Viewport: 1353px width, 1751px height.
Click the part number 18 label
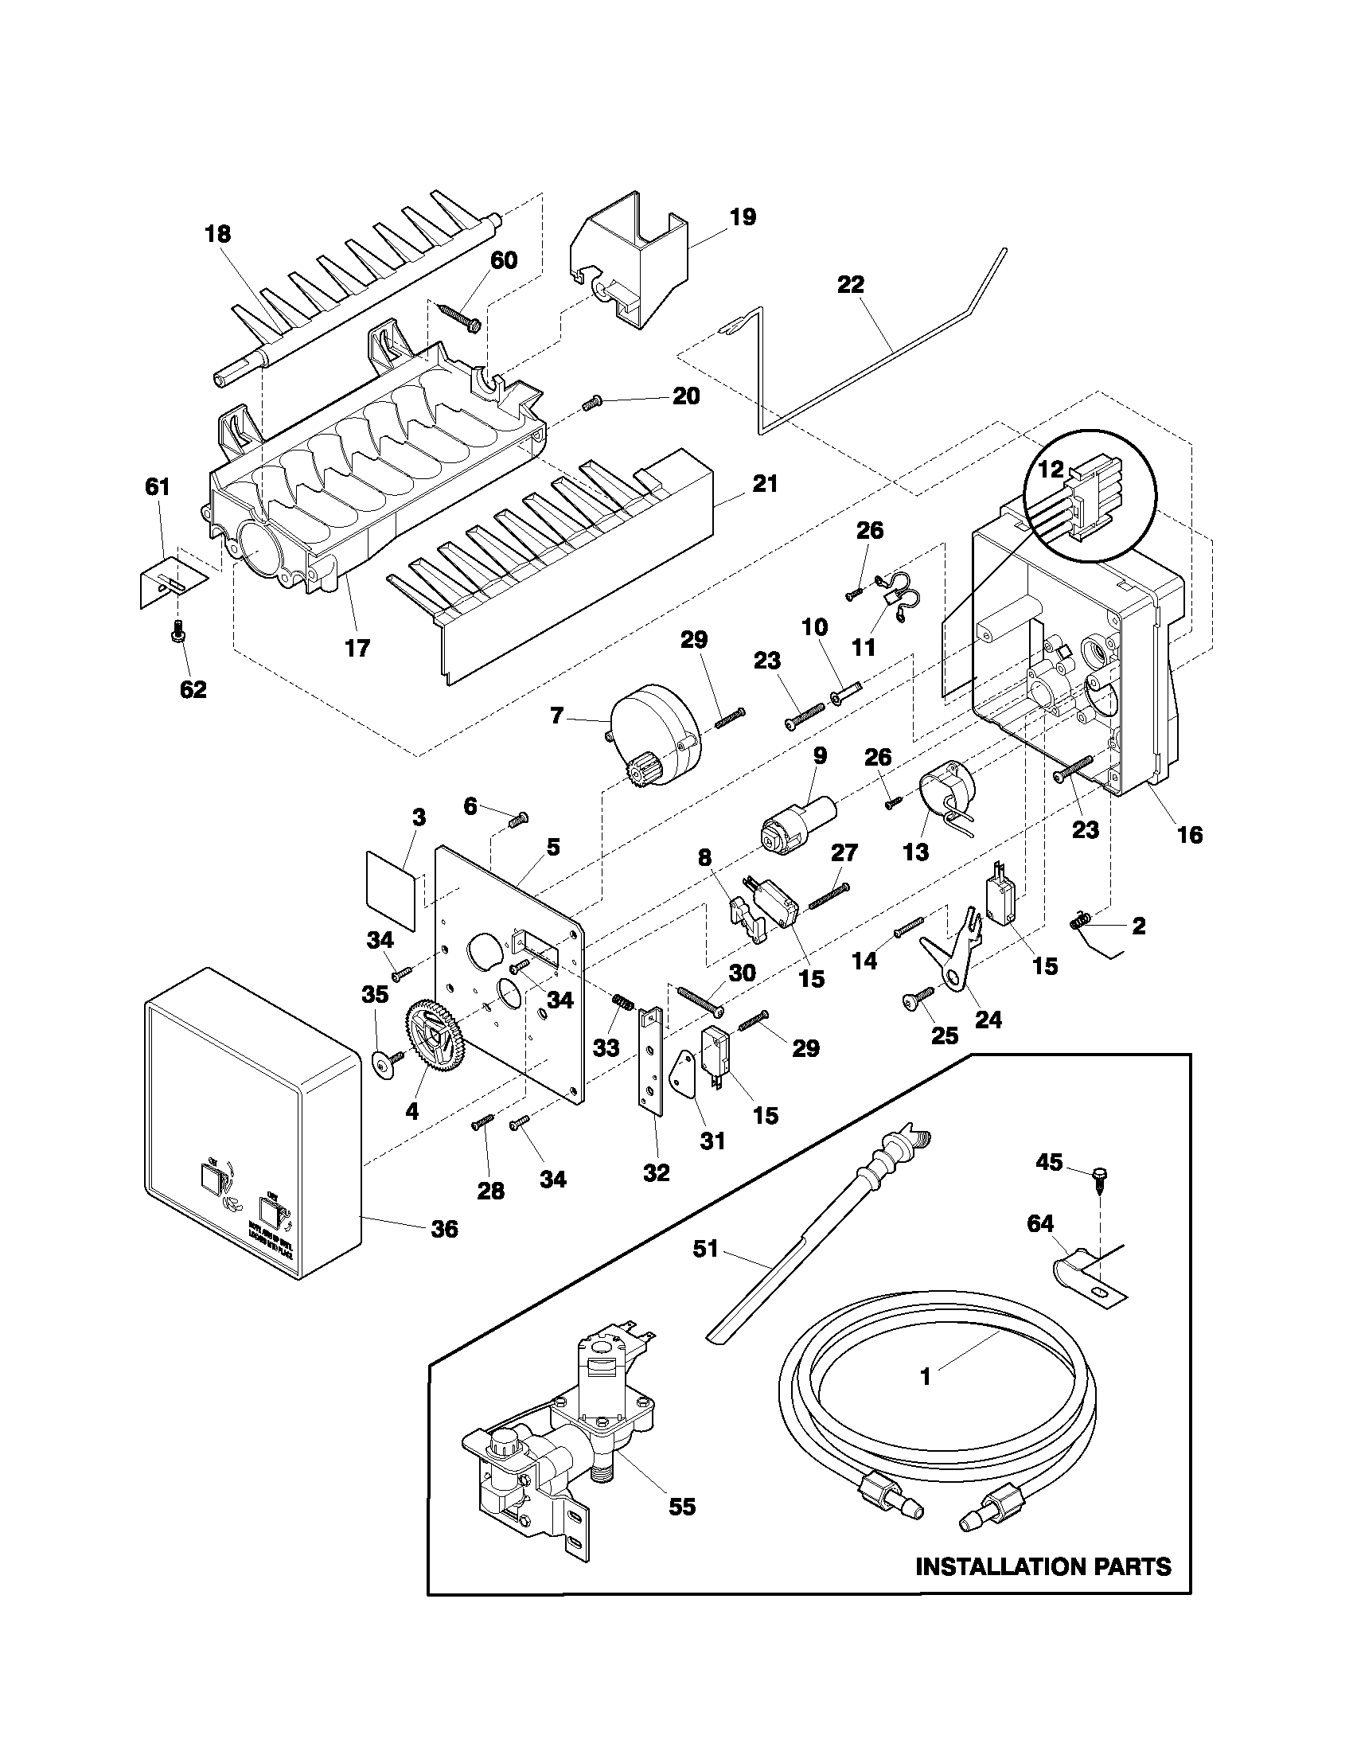tap(217, 234)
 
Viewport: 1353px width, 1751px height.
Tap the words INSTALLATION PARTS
tap(1043, 1566)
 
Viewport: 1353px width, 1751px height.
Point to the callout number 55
tap(682, 1507)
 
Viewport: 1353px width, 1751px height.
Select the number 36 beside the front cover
tap(445, 1229)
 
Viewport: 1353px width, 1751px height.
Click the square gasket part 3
tap(392, 890)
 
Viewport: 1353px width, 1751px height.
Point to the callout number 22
tap(852, 285)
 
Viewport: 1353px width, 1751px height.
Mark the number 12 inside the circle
tap(1051, 470)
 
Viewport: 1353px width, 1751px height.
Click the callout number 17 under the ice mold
tap(357, 648)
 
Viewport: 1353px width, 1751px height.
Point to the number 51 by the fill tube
tap(705, 1249)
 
